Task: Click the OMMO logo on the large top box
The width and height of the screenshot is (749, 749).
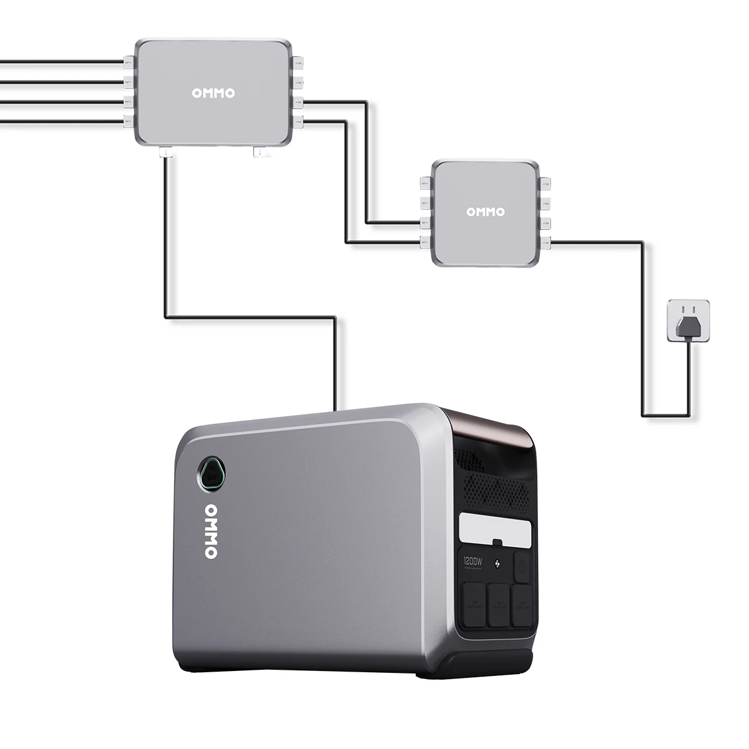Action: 213,94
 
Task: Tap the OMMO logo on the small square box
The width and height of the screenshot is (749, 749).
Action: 486,212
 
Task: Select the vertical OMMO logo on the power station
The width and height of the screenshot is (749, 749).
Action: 210,531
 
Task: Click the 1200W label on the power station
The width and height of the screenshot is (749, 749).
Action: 473,561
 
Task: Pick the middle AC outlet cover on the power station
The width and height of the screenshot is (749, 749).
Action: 498,604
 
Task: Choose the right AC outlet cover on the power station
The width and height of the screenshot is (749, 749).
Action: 522,603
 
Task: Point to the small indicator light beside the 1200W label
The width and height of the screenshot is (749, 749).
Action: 497,565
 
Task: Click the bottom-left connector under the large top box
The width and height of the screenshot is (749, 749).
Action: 167,152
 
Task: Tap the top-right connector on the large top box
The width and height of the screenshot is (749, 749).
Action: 298,64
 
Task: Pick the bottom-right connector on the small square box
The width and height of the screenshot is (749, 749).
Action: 545,241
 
